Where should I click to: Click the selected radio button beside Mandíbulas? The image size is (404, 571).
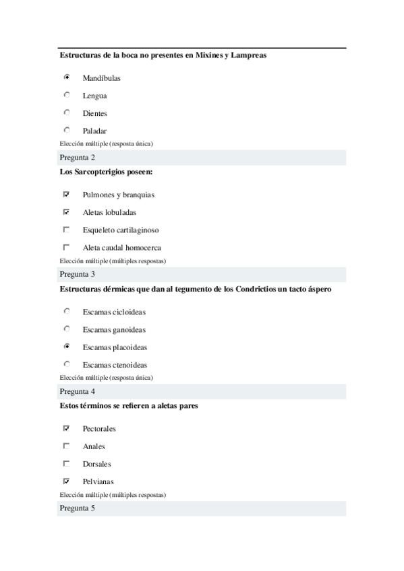pyautogui.click(x=67, y=77)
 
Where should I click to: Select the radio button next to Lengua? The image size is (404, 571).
pyautogui.click(x=67, y=95)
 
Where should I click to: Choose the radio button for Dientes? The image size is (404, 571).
pyautogui.click(x=67, y=112)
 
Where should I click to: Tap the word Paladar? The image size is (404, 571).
pyautogui.click(x=94, y=131)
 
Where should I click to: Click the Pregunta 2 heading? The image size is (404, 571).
pyautogui.click(x=78, y=158)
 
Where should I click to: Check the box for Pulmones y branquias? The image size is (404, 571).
pyautogui.click(x=67, y=194)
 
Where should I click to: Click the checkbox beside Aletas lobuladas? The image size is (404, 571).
pyautogui.click(x=67, y=211)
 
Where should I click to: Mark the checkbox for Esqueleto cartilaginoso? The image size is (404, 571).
pyautogui.click(x=67, y=229)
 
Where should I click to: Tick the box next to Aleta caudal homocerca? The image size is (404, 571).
pyautogui.click(x=67, y=246)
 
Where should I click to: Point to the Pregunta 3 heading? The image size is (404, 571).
pyautogui.click(x=78, y=274)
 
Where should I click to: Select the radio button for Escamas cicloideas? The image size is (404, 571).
pyautogui.click(x=67, y=311)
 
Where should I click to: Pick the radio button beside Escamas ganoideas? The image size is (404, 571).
pyautogui.click(x=67, y=329)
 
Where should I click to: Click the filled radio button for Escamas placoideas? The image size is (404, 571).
pyautogui.click(x=67, y=347)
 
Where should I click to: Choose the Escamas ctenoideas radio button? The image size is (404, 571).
pyautogui.click(x=67, y=364)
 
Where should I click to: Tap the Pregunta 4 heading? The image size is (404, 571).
pyautogui.click(x=78, y=391)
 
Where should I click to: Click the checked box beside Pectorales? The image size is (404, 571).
pyautogui.click(x=67, y=428)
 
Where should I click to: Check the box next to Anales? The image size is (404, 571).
pyautogui.click(x=67, y=445)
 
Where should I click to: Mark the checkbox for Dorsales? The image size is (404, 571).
pyautogui.click(x=67, y=463)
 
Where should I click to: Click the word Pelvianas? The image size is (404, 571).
pyautogui.click(x=98, y=482)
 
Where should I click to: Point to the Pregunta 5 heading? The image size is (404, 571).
pyautogui.click(x=78, y=508)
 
